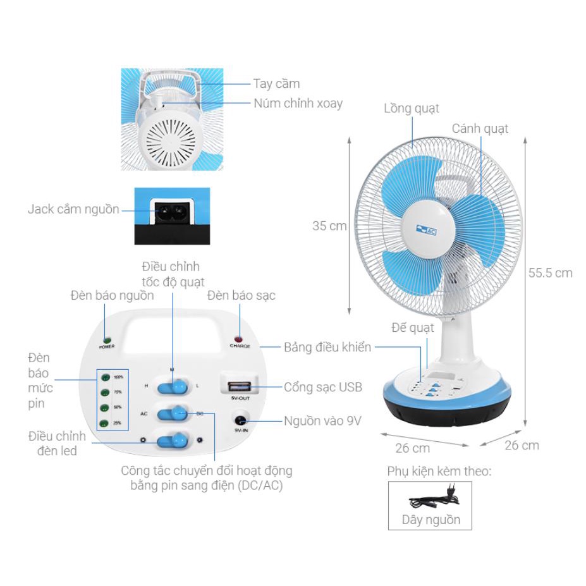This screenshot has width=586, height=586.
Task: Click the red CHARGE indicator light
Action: [x=240, y=339]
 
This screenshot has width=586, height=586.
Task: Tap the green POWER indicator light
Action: [x=106, y=340]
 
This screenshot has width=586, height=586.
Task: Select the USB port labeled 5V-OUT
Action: [x=237, y=385]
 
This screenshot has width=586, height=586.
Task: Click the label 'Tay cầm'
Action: [x=276, y=83]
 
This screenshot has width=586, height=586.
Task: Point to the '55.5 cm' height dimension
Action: [x=550, y=273]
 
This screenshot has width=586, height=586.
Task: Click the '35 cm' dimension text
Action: [x=329, y=226]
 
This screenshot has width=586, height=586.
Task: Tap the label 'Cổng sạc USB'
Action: [x=322, y=387]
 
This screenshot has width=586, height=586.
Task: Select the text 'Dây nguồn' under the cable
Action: [x=430, y=520]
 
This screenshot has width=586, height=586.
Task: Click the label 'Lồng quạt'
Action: [x=411, y=109]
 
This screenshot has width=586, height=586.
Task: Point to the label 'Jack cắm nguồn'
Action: [x=73, y=209]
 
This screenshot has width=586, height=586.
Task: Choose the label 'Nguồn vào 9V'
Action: [x=322, y=421]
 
